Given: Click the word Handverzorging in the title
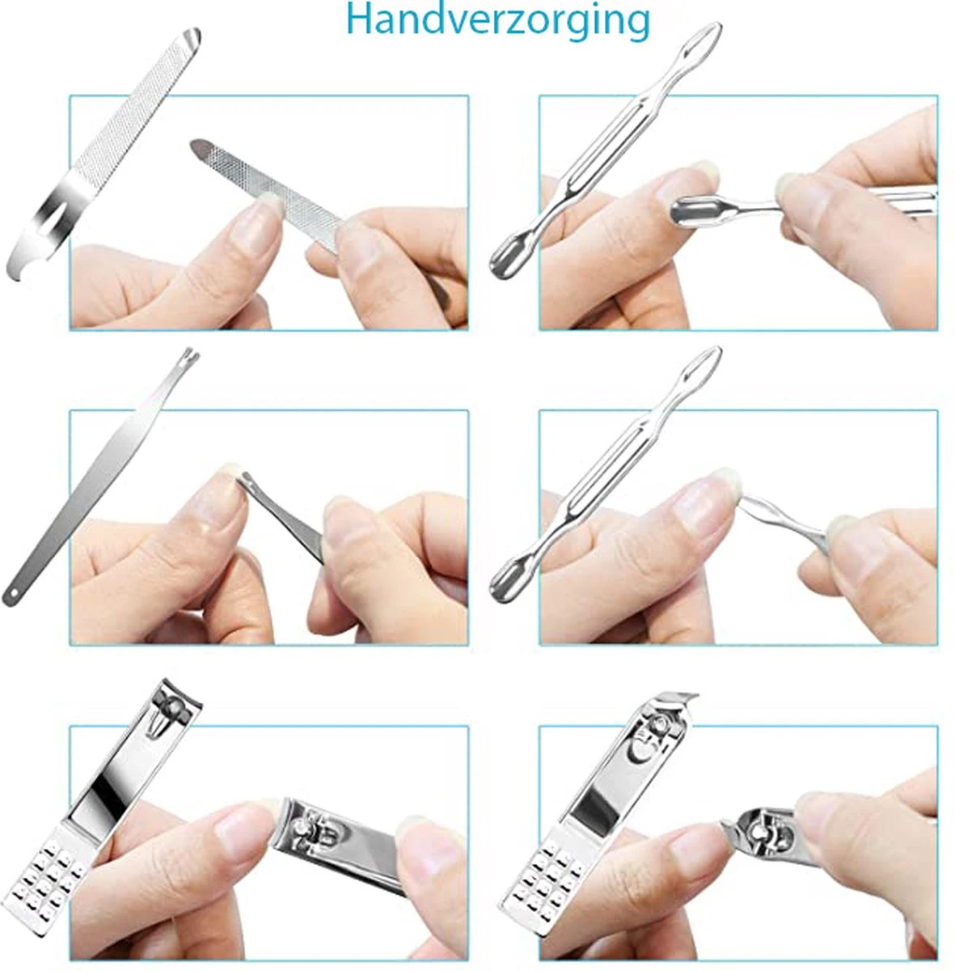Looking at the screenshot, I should (x=497, y=20).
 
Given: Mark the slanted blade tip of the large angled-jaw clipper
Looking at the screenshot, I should (x=679, y=698).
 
